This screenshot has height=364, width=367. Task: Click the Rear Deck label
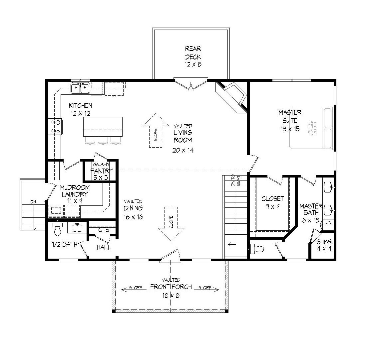(x=193, y=57)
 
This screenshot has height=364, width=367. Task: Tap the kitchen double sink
(x=80, y=88)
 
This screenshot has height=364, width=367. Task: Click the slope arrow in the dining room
(x=171, y=223)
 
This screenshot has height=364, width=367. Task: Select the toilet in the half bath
(x=58, y=229)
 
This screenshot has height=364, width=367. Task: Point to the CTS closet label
(x=104, y=230)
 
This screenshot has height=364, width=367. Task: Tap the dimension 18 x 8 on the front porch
(x=171, y=295)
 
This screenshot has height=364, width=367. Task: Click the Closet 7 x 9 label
(x=272, y=202)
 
